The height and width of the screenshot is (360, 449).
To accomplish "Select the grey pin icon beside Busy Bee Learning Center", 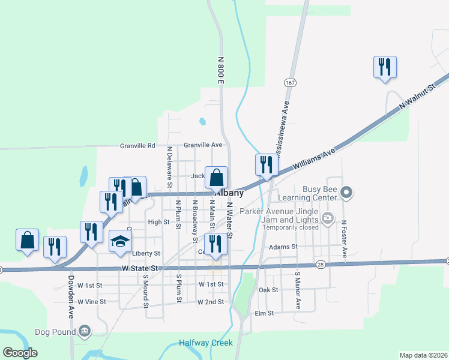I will click(346, 193).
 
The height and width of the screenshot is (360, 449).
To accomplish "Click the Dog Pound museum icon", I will click(85, 331).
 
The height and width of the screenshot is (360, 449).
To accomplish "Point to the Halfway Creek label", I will click(205, 343).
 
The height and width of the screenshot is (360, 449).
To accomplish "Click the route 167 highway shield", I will click(291, 82).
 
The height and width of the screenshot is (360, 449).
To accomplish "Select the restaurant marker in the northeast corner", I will click(384, 67).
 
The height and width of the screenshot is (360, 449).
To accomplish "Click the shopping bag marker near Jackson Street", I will click(217, 178).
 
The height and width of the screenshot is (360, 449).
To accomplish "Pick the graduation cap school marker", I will click(120, 242).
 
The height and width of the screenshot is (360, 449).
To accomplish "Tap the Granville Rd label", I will click(137, 145).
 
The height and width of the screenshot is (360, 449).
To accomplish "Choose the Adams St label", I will click(283, 247).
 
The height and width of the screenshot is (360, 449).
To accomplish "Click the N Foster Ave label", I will click(344, 239).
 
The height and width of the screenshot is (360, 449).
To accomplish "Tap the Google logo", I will click(20, 353).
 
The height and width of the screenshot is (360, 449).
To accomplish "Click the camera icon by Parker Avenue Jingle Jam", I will click(327, 219).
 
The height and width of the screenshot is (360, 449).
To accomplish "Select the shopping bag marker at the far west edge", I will click(28, 240).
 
